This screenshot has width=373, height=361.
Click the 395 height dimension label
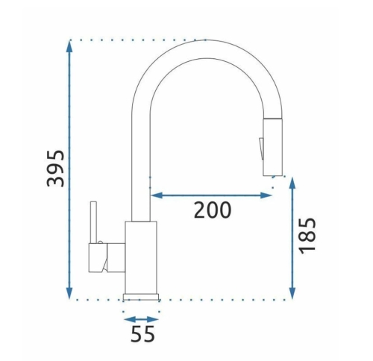pyautogui.click(x=55, y=169)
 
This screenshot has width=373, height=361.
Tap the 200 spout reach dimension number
pyautogui.click(x=213, y=210)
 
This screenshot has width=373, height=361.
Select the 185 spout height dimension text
pyautogui.click(x=307, y=236)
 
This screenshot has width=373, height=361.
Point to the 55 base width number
pyautogui.click(x=142, y=333)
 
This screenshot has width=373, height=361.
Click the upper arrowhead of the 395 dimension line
pyautogui.click(x=69, y=46)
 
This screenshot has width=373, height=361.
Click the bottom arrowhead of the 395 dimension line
pyautogui.click(x=69, y=293)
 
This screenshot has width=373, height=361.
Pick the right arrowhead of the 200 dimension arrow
pyautogui.click(x=266, y=195)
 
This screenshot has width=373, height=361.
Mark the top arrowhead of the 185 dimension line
pyautogui.click(x=292, y=183)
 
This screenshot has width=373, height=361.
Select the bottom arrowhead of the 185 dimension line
pyautogui.click(x=292, y=293)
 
